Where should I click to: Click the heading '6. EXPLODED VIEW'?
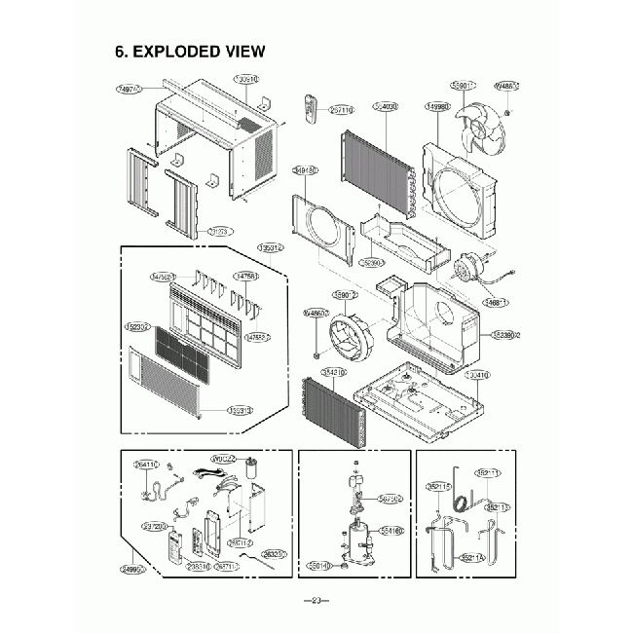point(190,52)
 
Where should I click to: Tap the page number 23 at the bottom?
point(316,599)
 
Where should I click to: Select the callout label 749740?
point(129,89)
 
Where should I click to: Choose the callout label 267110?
point(341,110)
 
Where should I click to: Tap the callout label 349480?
point(305,170)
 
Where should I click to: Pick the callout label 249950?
point(134,569)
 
